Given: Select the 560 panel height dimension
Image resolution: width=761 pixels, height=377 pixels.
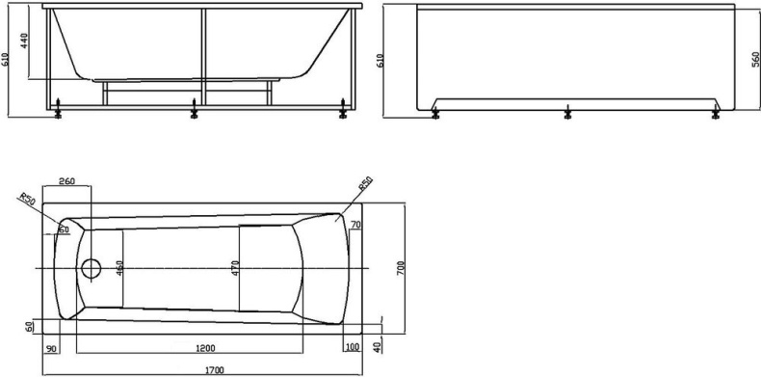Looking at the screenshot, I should pos(754,60).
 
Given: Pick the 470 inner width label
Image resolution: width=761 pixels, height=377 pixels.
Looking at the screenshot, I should pos(235,266).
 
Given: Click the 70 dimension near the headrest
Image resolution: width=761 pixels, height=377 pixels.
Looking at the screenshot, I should pos(355,225).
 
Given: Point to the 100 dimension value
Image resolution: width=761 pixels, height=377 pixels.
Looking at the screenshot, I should pos(352,347).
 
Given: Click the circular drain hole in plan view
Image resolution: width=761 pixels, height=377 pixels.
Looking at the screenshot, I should pos(92,268).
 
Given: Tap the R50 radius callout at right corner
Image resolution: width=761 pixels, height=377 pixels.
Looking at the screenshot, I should pos(365,183).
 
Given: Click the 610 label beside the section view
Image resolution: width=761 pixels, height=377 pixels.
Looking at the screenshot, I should pos(7,60).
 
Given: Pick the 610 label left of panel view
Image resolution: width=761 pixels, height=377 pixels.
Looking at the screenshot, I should pos(390,60).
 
